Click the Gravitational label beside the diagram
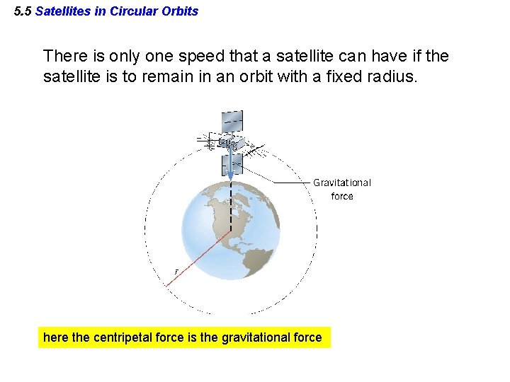click(341, 183)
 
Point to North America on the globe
click(234, 212)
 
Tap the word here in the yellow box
click(56, 338)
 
